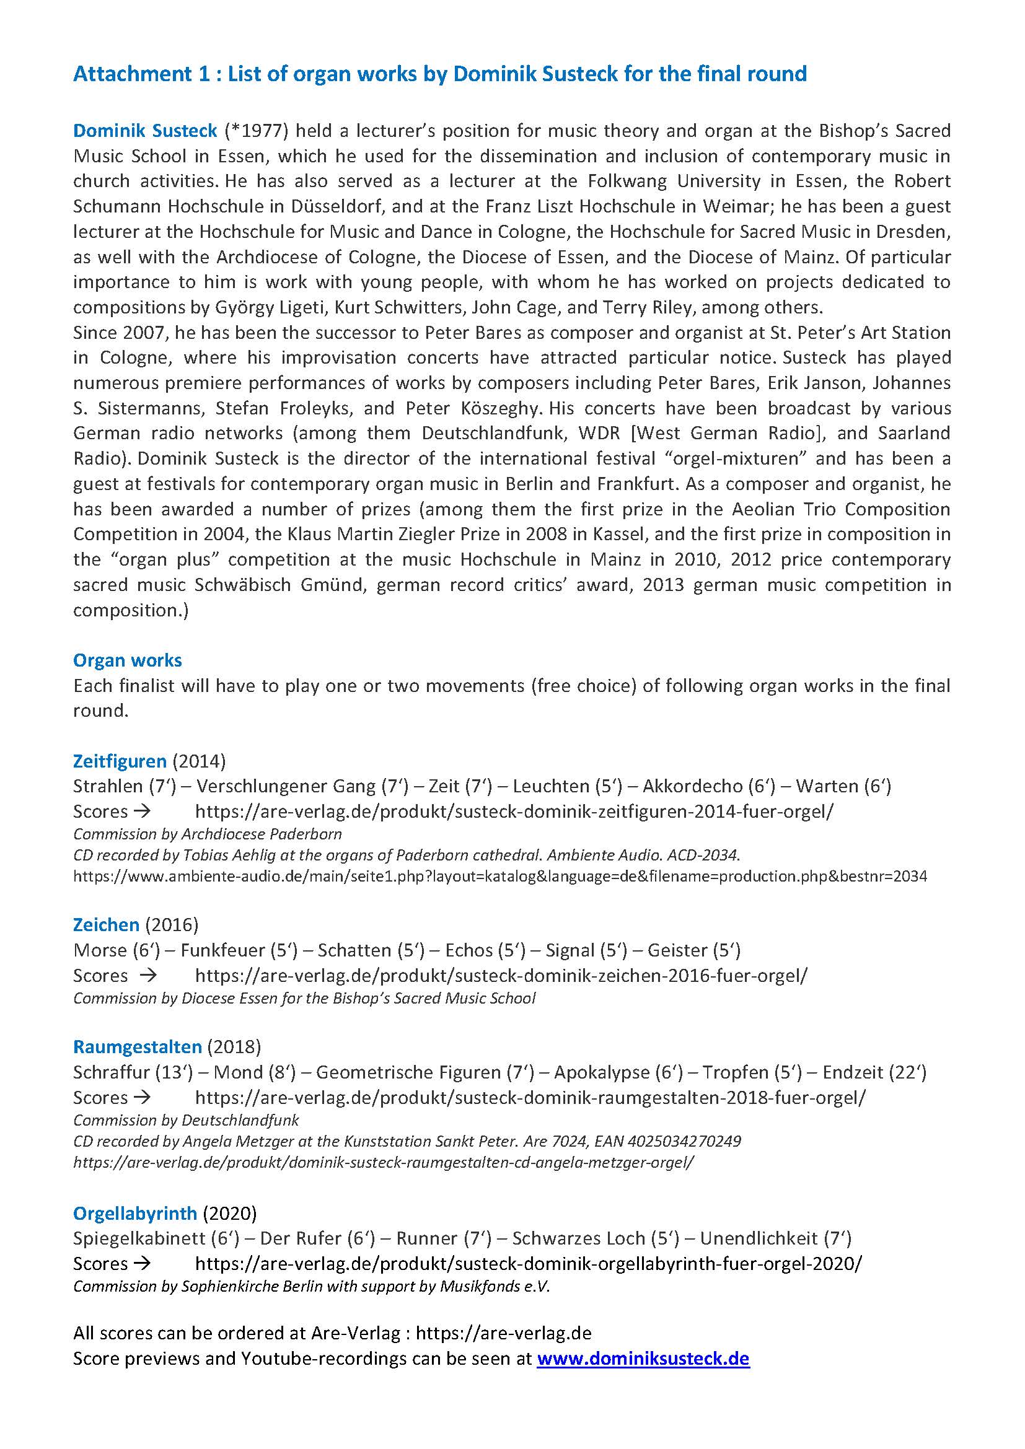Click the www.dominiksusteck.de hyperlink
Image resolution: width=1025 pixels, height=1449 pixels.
coord(643,1358)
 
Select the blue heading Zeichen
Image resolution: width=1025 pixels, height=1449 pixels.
coord(106,924)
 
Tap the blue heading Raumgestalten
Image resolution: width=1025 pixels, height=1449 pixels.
coord(137,1046)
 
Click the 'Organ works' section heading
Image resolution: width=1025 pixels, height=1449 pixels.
coord(128,660)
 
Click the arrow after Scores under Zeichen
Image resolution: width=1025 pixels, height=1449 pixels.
coord(147,975)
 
